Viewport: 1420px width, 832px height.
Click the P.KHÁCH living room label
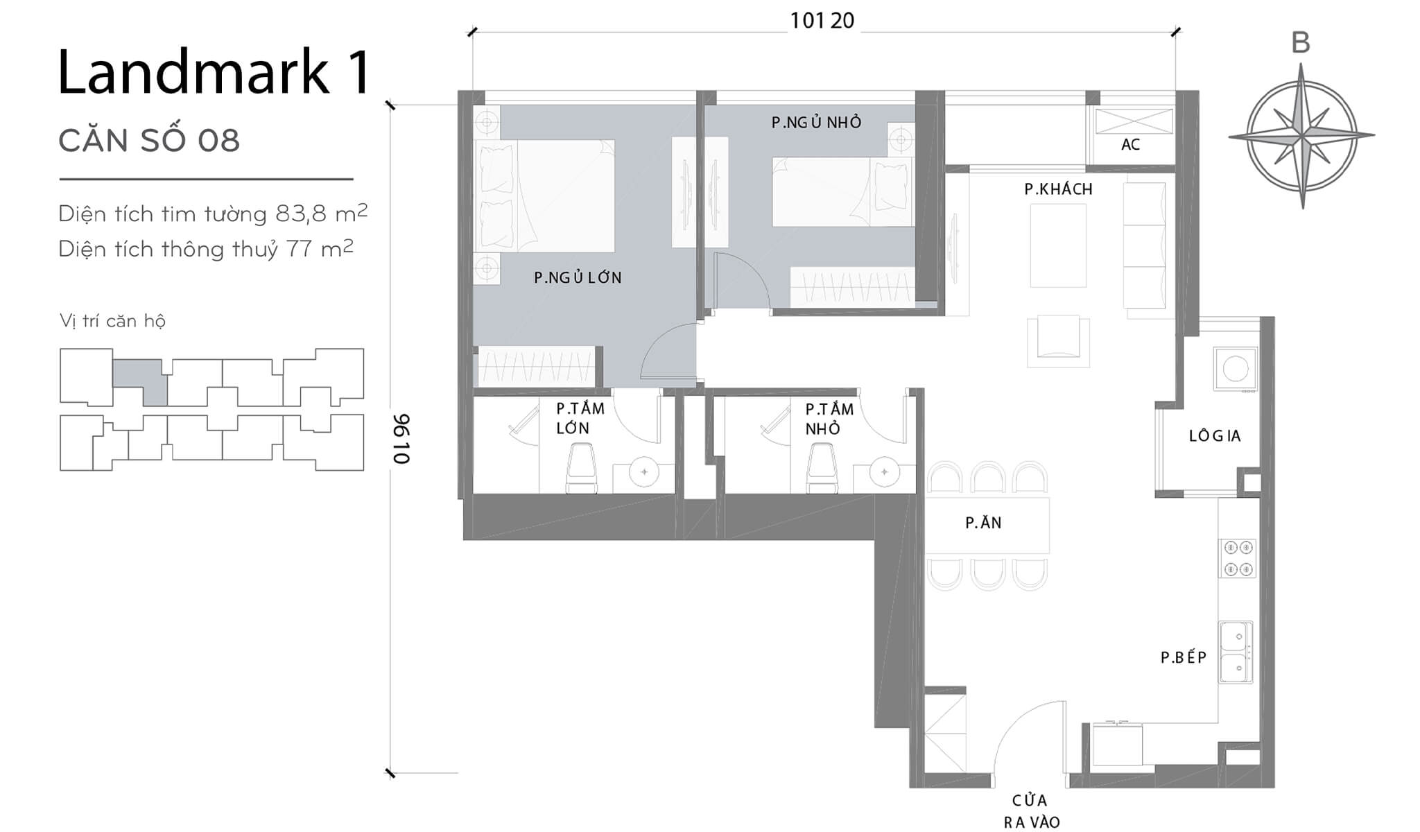1058,189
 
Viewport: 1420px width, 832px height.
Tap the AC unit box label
1130,144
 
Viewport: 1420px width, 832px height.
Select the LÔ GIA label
1214,435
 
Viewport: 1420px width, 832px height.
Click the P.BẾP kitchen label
1184,657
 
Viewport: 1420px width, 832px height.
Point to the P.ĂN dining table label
983,523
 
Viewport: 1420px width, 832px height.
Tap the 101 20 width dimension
822,21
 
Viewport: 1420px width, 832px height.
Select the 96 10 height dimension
401,439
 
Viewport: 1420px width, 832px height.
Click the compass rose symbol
1301,136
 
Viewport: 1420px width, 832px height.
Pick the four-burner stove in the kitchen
1238,558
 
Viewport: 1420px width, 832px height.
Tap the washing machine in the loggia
1235,369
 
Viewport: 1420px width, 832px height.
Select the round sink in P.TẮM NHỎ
884,472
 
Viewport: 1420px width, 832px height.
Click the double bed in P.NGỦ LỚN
544,196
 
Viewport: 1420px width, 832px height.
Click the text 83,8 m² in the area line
321,213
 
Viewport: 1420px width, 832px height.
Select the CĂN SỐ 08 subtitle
149,141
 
